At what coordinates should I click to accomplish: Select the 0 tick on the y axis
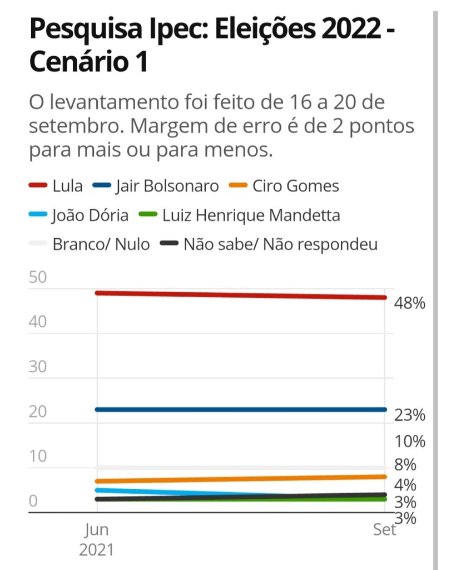click(x=33, y=502)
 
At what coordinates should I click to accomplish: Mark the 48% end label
click(x=409, y=303)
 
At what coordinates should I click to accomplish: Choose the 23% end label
click(x=409, y=415)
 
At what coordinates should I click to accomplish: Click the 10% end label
click(x=410, y=442)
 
